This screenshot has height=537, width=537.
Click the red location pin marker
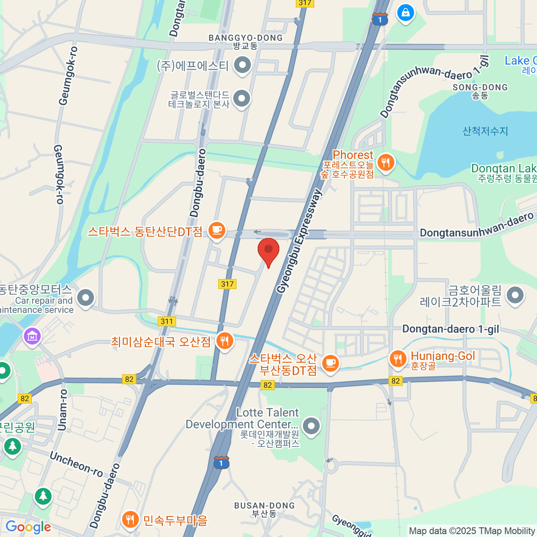pyautogui.click(x=268, y=250)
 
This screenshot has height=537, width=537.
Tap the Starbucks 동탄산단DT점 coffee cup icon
pyautogui.click(x=217, y=230)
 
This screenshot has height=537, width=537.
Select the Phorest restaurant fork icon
pyautogui.click(x=385, y=162)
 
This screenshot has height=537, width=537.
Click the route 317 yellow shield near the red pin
pyautogui.click(x=227, y=284)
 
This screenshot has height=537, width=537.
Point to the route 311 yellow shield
pyautogui.click(x=166, y=321)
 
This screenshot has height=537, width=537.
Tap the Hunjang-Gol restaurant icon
pyautogui.click(x=397, y=358)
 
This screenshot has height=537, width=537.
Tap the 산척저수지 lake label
pyautogui.click(x=485, y=131)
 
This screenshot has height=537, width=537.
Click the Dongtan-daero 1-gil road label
pyautogui.click(x=450, y=329)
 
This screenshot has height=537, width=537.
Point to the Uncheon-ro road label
pyautogui.click(x=76, y=464)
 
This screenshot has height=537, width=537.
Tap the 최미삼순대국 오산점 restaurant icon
pyautogui.click(x=224, y=341)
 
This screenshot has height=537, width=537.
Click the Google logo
pyautogui.click(x=28, y=527)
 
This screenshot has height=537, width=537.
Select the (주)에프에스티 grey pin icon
pyautogui.click(x=243, y=65)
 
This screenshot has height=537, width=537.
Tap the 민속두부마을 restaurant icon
pyautogui.click(x=130, y=520)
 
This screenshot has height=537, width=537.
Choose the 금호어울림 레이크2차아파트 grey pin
pyautogui.click(x=515, y=295)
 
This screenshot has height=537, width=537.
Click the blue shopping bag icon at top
pyautogui.click(x=405, y=13)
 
